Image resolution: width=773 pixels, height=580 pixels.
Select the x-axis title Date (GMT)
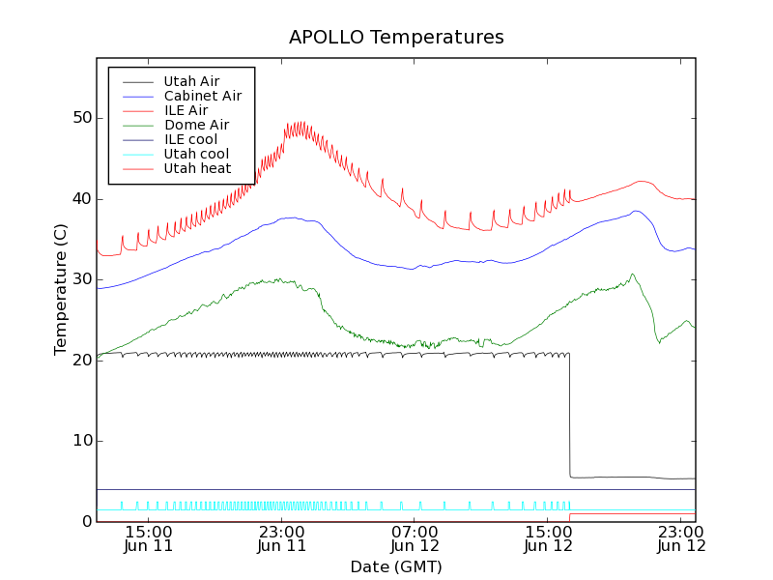[395, 566]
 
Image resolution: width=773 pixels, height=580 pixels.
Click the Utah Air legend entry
[191, 81]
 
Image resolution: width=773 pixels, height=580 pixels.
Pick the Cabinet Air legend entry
[202, 96]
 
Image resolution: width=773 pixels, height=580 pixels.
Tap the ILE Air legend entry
[185, 110]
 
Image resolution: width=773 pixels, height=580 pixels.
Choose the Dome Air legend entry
[196, 125]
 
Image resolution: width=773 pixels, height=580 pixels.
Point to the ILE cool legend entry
[190, 139]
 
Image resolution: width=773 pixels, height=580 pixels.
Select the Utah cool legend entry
[196, 154]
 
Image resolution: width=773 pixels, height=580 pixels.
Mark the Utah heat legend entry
[197, 168]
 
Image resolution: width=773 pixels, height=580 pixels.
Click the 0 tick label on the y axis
[87, 522]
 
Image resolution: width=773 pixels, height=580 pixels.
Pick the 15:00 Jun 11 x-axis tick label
[149, 538]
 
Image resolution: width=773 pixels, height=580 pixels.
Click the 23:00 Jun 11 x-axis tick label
[281, 538]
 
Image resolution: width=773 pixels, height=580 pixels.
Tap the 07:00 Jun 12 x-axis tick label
[415, 538]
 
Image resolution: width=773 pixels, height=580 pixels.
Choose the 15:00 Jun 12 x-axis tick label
[548, 538]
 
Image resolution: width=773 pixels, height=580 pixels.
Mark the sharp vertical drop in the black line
[569, 416]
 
